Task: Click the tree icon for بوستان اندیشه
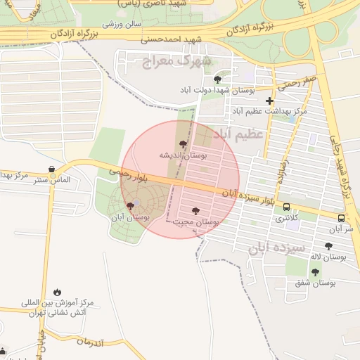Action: pos(184,144)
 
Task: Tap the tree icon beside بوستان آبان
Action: pos(130,206)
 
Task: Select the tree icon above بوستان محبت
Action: pos(195,211)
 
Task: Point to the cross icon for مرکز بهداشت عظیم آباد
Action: pos(269,101)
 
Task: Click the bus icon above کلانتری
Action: pos(286,207)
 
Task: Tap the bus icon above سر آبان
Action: pos(341,218)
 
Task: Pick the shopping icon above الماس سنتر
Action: pos(52,168)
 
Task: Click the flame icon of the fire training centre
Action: pos(56,292)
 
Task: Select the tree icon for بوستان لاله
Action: pos(328,246)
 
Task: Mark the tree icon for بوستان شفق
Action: pos(314,272)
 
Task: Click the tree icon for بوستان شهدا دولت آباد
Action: pos(217,79)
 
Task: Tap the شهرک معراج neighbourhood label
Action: pos(176,62)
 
